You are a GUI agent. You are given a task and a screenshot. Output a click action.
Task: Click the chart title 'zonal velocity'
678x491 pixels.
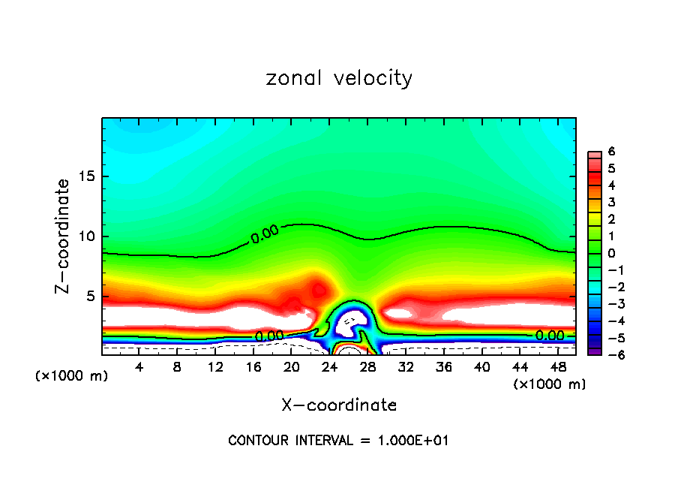tap(339, 78)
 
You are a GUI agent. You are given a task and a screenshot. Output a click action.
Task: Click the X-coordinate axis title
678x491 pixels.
tap(339, 405)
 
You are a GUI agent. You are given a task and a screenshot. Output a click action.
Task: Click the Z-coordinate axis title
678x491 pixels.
tap(64, 236)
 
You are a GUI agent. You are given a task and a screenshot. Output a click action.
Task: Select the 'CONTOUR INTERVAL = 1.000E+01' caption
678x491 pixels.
tap(338, 441)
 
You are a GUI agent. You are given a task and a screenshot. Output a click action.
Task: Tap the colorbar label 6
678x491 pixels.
tap(612, 152)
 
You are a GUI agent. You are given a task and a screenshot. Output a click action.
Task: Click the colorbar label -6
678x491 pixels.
tap(610, 354)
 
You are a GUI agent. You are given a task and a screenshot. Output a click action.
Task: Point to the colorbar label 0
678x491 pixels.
tap(612, 252)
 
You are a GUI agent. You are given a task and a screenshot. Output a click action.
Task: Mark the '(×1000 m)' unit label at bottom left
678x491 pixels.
tap(72, 376)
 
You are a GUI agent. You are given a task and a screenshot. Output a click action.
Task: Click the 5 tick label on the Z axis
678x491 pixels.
tap(89, 297)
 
